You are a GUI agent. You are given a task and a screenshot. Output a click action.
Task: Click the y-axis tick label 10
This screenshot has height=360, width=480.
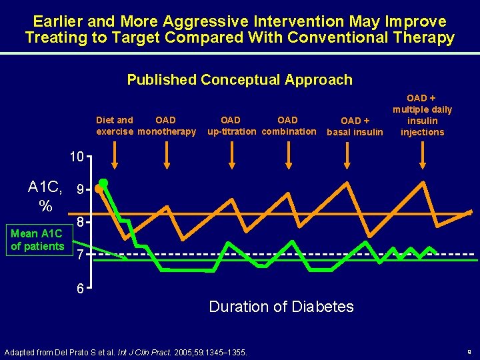pos(77,158)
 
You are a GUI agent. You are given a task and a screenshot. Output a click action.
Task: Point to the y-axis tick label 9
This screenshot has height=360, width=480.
pos(80,191)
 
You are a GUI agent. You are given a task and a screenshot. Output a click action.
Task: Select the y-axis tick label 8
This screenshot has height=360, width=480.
pos(80,223)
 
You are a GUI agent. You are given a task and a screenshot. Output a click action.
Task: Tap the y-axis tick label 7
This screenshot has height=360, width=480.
pos(80,255)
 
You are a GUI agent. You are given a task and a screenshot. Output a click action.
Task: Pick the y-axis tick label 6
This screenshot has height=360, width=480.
pos(80,290)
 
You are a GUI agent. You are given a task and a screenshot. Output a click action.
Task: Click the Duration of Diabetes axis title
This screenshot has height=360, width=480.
pos(281,307)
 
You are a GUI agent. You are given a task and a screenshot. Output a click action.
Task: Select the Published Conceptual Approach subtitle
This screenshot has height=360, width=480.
pos(239,80)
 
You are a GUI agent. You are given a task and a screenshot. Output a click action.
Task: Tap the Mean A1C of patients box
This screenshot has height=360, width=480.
pos(37,240)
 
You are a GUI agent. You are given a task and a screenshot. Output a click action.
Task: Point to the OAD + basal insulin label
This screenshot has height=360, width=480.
pos(355,126)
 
